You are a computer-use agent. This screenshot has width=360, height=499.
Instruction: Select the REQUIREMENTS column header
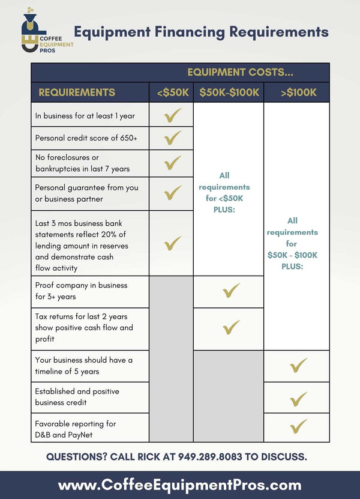pos(77,92)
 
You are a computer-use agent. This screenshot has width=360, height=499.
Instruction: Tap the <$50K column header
pos(172,92)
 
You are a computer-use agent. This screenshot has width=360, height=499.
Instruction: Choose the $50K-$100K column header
pos(229,92)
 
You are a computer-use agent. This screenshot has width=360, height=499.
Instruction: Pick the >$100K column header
pos(298,92)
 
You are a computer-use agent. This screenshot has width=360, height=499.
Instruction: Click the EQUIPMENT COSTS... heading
pos(240,73)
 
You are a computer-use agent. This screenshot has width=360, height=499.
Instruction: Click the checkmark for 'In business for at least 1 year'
pos(173,115)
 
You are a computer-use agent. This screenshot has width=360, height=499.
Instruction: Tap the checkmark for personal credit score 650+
pos(173,138)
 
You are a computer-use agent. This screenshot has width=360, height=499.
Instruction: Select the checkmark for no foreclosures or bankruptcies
pos(173,163)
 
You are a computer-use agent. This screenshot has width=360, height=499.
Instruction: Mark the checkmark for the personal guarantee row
pos(173,193)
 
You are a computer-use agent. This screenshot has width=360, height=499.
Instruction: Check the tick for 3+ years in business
pos(231,291)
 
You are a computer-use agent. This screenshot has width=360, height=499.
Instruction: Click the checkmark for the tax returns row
pos(231,327)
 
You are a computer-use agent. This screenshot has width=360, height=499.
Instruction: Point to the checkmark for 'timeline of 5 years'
pos(298,365)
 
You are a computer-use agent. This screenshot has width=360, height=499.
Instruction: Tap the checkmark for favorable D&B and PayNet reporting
pos(298,426)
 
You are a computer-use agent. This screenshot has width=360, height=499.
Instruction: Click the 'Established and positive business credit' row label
pos(77,396)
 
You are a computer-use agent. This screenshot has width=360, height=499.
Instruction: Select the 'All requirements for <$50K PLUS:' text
pos(224,193)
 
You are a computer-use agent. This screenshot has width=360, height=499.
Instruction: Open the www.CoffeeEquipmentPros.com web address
pos(180,485)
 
